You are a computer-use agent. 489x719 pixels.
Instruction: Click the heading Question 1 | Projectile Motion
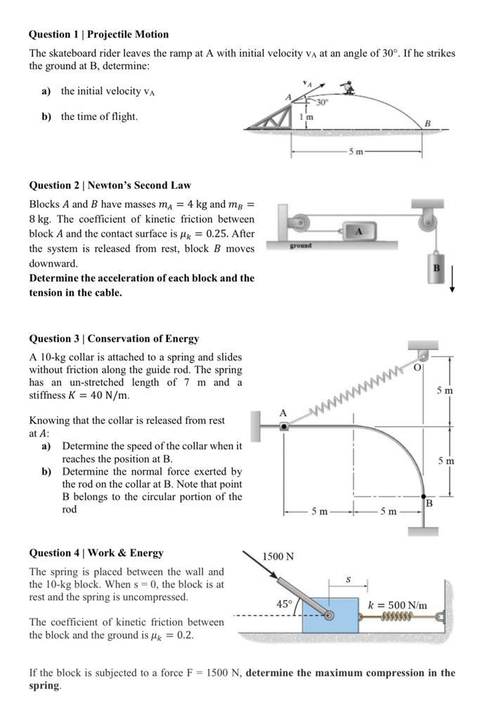point(98,34)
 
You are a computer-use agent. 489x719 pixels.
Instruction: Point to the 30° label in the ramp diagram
point(321,103)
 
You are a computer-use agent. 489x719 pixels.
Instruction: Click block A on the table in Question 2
point(358,231)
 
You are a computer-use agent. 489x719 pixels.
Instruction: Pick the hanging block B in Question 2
point(436,268)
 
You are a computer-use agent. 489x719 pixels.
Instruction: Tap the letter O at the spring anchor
point(416,367)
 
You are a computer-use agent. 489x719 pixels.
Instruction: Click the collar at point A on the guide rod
point(284,426)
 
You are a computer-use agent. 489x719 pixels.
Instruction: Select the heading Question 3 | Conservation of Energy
point(114,338)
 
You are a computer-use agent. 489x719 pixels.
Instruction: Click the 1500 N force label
point(278,556)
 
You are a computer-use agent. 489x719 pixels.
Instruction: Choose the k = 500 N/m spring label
point(398,604)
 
